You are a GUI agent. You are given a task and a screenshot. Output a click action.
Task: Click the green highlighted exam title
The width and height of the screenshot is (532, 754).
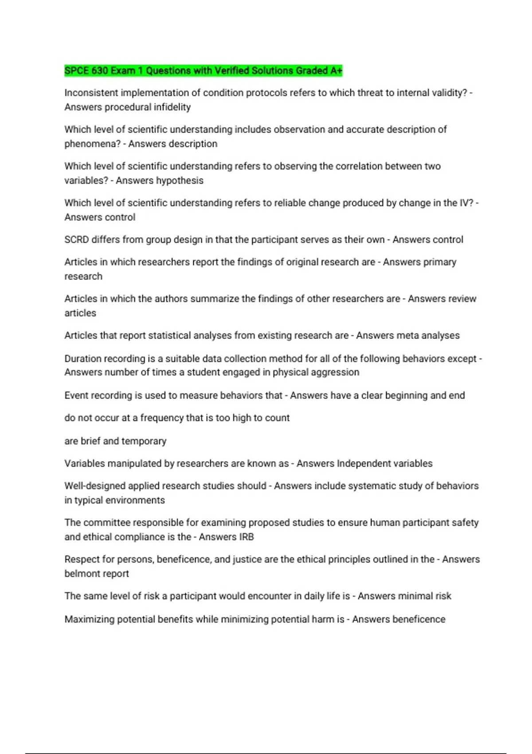pyautogui.click(x=203, y=71)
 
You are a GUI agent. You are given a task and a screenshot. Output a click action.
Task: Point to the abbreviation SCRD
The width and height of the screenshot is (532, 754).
pyautogui.click(x=76, y=240)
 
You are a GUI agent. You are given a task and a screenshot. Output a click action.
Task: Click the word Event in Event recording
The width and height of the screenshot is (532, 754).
pyautogui.click(x=76, y=396)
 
